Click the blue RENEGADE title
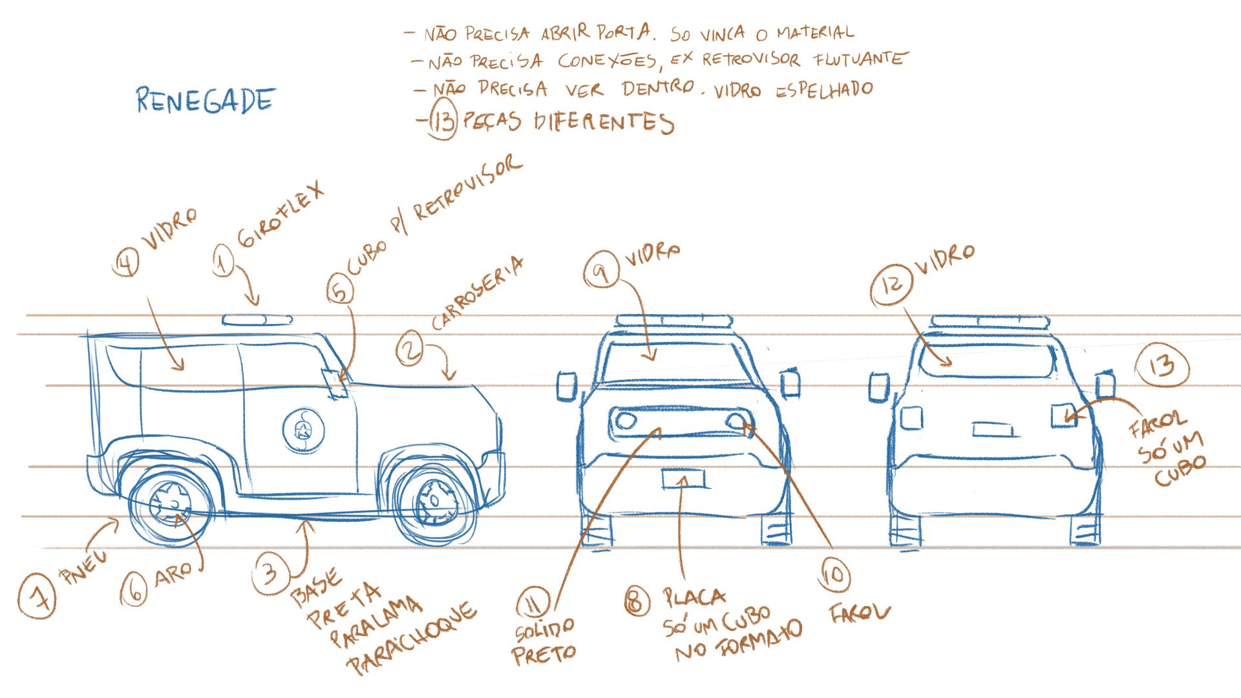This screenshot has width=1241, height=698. pyautogui.click(x=206, y=101)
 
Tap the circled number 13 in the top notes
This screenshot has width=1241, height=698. pyautogui.click(x=443, y=121)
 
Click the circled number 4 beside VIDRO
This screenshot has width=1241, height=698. pyautogui.click(x=126, y=262)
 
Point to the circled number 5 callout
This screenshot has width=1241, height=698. pyautogui.click(x=339, y=289)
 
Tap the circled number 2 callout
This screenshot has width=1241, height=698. pyautogui.click(x=410, y=349)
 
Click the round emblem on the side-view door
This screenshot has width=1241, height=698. pyautogui.click(x=302, y=430)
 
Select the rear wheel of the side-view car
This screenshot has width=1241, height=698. pyautogui.click(x=171, y=505)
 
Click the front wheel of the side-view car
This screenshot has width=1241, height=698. pyautogui.click(x=435, y=502)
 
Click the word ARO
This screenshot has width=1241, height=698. pyautogui.click(x=173, y=573)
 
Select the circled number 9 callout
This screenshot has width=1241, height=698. pyautogui.click(x=601, y=270)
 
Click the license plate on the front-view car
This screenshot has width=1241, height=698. pyautogui.click(x=683, y=479)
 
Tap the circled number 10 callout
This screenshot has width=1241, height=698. pyautogui.click(x=833, y=574)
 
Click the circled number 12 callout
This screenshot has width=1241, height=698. pyautogui.click(x=891, y=284)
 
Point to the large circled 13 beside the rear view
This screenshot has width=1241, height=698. pyautogui.click(x=1161, y=366)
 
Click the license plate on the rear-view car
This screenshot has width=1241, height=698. pyautogui.click(x=992, y=429)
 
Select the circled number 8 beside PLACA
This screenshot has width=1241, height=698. pyautogui.click(x=637, y=601)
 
